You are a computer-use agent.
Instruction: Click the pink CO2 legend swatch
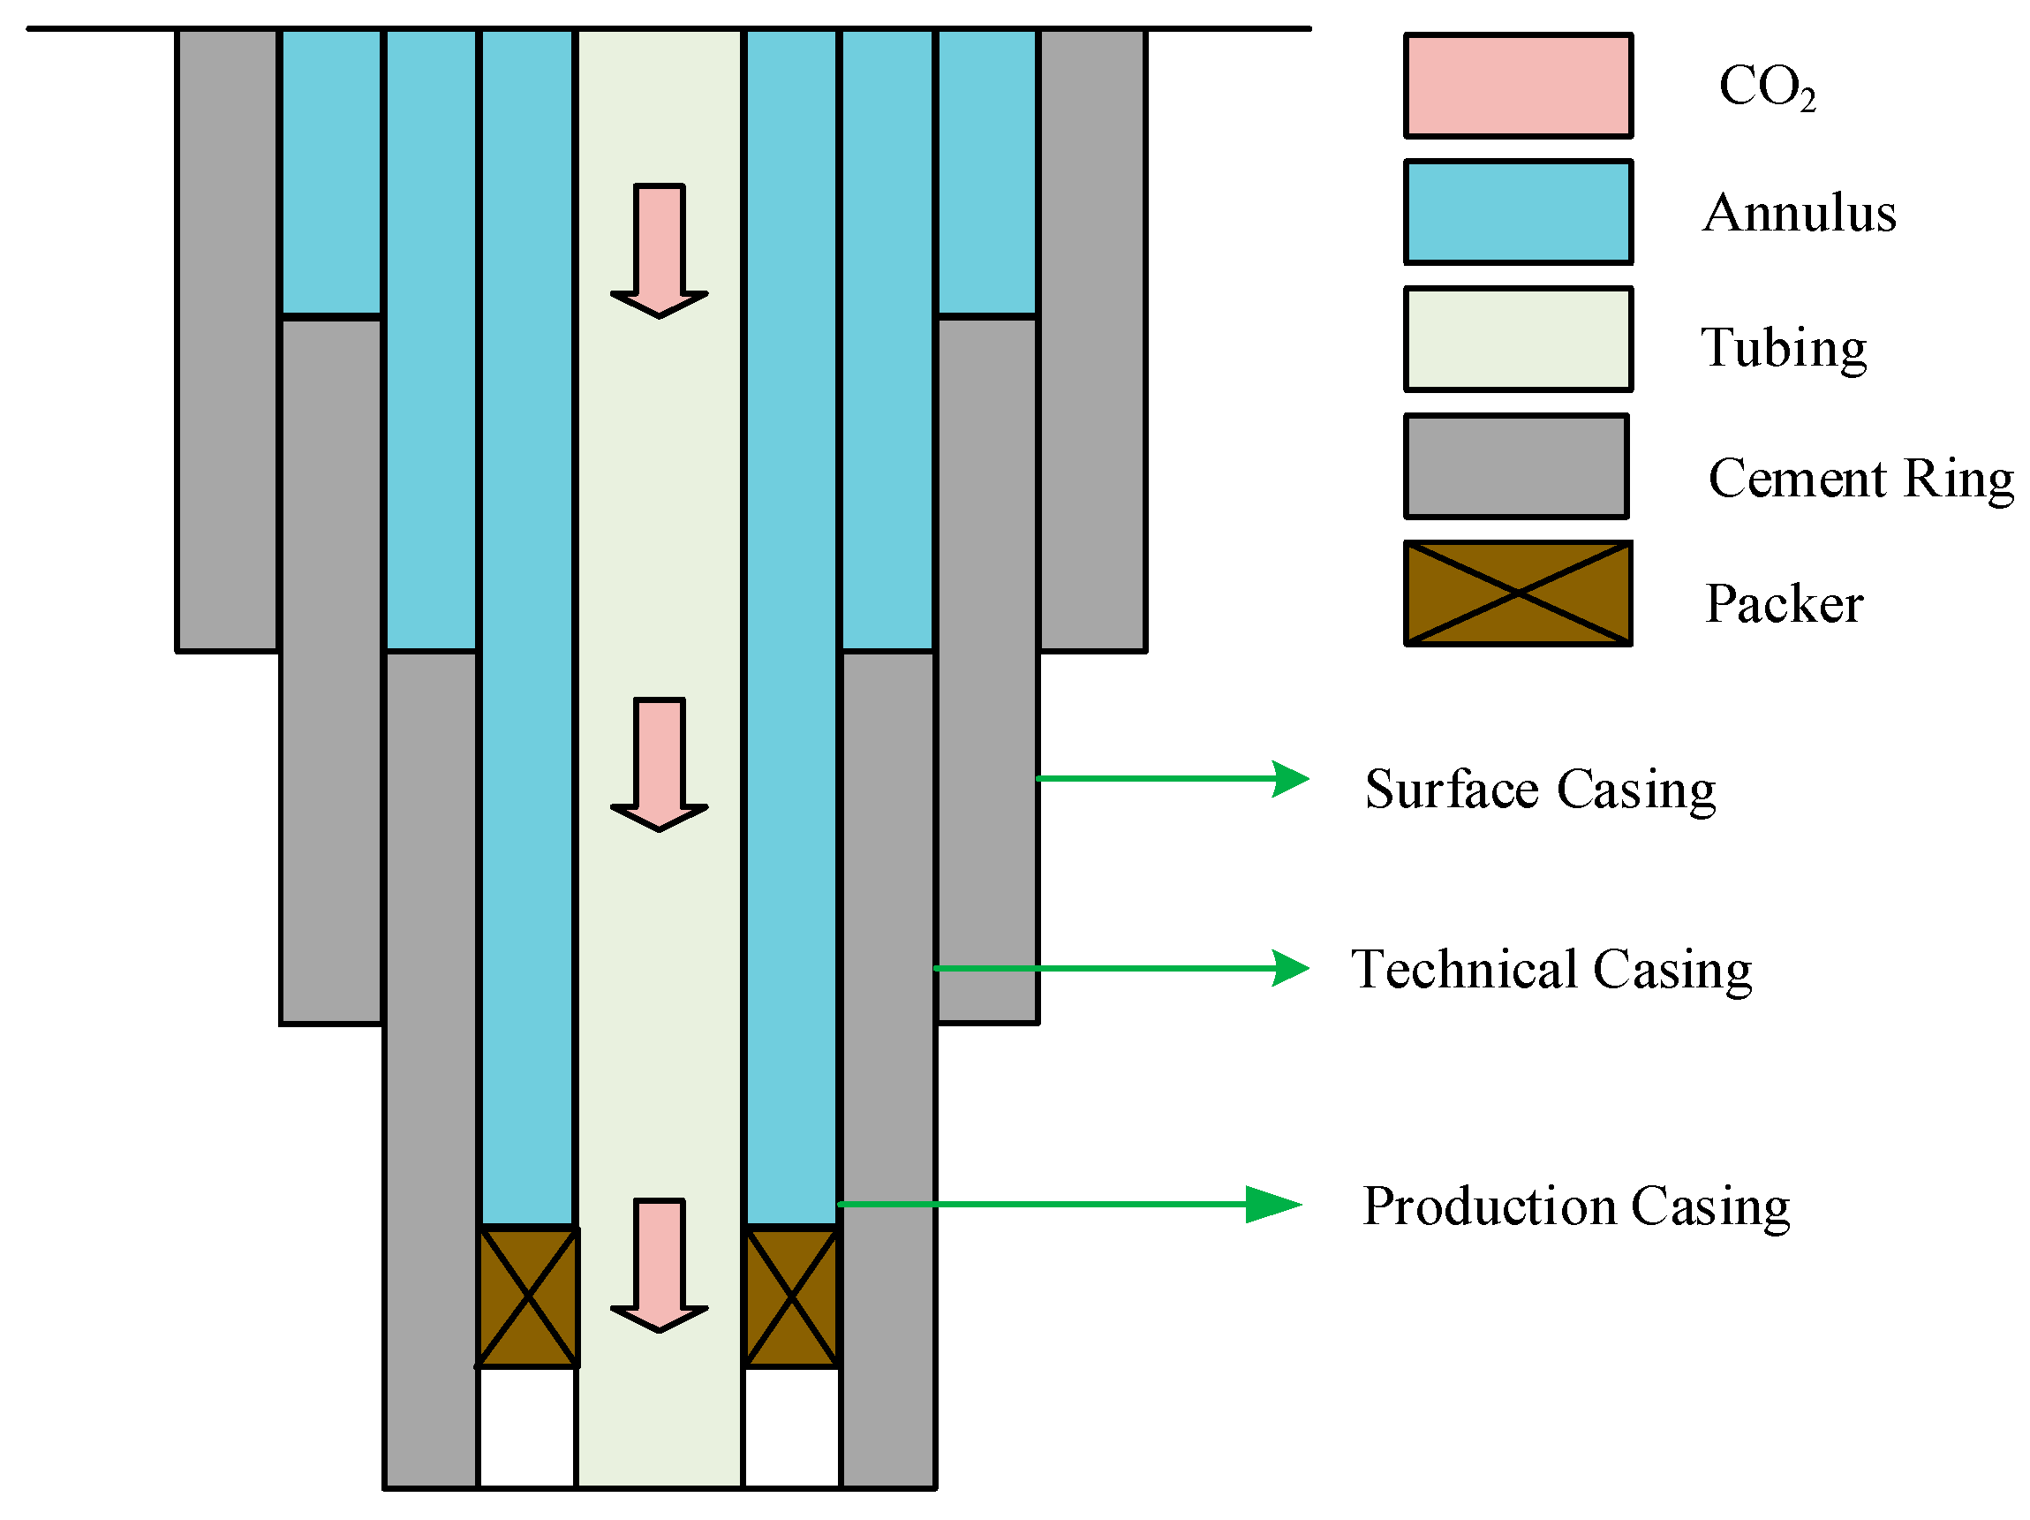point(1518,86)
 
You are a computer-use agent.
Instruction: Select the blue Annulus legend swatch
point(1518,212)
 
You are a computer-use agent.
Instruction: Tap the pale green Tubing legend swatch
point(1518,338)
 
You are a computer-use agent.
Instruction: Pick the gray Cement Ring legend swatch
point(1516,466)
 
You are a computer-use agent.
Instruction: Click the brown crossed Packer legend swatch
point(1518,594)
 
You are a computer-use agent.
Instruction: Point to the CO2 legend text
point(1767,87)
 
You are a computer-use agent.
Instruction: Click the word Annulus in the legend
point(1799,213)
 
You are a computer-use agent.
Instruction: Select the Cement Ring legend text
point(1860,478)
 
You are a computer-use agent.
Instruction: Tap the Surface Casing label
point(1540,790)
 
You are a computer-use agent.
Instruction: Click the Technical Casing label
point(1551,969)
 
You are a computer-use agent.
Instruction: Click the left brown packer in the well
point(527,1297)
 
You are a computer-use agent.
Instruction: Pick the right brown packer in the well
point(791,1297)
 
